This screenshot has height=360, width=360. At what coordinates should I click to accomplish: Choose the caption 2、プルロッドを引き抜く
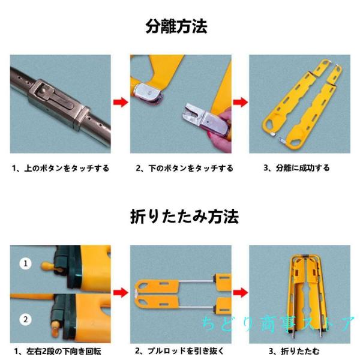(180, 351)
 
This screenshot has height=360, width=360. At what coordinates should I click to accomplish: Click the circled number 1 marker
(25, 263)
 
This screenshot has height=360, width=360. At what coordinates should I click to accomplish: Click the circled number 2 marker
(25, 319)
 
